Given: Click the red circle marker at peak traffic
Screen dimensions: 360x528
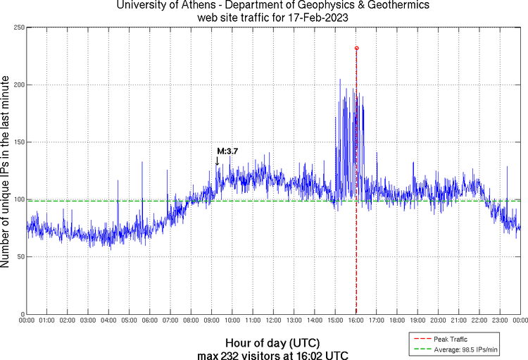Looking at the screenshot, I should pos(356,48).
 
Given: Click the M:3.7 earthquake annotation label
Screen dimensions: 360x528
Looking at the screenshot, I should pos(227,151).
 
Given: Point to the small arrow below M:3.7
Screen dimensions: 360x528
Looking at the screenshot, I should pos(217,161).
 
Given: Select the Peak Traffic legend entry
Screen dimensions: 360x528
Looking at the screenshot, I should pos(450,340).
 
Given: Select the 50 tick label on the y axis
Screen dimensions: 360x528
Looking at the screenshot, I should pos(18,257).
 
